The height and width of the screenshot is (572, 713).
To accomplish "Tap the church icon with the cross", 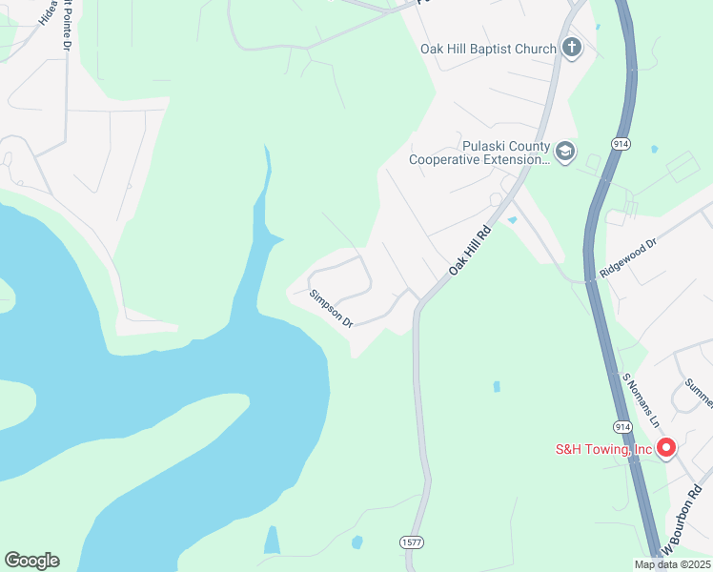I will (x=571, y=48).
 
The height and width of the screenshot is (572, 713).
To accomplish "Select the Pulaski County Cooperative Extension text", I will (x=480, y=153).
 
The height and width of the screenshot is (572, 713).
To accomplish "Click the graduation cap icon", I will (x=565, y=152).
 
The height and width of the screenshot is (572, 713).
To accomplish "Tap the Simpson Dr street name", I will (x=331, y=310).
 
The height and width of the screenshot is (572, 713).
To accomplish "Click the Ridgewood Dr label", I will (x=628, y=258).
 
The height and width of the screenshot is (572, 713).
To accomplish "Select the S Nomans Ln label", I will (x=641, y=398).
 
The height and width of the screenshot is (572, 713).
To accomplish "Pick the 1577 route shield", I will (x=412, y=541).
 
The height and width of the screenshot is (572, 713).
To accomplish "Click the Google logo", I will (x=31, y=561).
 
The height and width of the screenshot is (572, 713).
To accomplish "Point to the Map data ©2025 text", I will (x=670, y=564).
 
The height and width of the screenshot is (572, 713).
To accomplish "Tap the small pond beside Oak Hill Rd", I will (x=513, y=220).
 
